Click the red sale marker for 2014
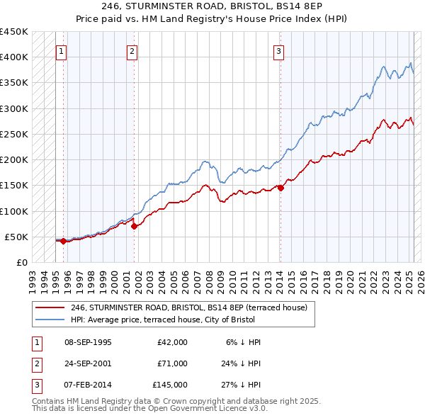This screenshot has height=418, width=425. (x=280, y=188)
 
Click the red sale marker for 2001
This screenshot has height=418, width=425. (x=134, y=226)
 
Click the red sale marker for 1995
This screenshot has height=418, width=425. (x=63, y=241)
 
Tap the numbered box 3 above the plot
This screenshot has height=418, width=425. (x=279, y=51)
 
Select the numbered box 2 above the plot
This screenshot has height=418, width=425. (x=132, y=51)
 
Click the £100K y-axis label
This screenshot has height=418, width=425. (x=15, y=211)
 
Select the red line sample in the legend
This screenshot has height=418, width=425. (x=50, y=308)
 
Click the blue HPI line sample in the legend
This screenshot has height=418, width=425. (x=50, y=320)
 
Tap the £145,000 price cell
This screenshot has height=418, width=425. (x=170, y=385)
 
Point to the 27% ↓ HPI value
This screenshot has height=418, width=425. (x=241, y=385)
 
